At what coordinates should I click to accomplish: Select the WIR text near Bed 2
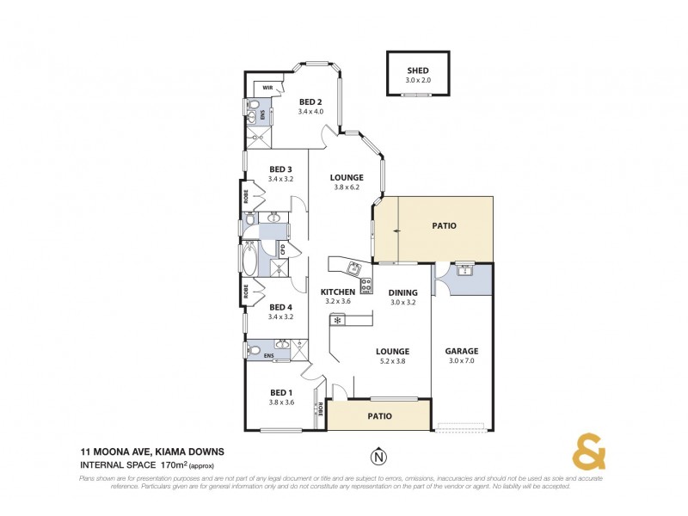267,87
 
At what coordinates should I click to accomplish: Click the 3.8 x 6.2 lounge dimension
347,188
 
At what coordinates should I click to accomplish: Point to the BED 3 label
281,169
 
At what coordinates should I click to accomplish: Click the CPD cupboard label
281,249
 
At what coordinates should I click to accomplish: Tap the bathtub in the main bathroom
250,257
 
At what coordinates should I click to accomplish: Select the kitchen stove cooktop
366,285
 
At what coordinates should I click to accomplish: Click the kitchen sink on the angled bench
353,267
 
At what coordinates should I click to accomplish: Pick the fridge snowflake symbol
337,321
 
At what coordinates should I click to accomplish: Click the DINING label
402,292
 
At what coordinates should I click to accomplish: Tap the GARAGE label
461,351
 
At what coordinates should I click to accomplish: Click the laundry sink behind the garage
464,271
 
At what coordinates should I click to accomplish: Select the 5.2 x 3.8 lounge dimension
391,361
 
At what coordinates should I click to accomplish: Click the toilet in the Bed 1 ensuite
255,351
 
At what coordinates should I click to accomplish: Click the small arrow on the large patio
392,230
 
